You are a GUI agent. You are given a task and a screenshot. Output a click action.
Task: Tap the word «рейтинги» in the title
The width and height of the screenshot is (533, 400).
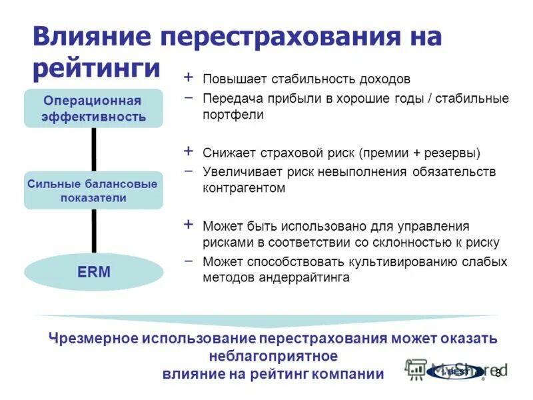pos(97,69)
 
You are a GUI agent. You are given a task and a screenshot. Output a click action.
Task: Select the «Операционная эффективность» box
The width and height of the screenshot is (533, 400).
pos(93,109)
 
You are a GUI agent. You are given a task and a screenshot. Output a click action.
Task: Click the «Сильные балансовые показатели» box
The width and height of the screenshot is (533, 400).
pos(93,190)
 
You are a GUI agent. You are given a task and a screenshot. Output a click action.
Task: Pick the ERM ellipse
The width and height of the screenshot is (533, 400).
pos(93,272)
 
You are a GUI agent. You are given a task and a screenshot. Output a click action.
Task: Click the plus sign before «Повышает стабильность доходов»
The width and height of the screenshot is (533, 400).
pos(189,78)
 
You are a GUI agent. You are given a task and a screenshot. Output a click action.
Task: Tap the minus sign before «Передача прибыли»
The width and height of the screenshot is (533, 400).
pos(189,97)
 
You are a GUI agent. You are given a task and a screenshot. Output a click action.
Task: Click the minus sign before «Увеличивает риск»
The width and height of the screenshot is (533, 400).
pos(189,171)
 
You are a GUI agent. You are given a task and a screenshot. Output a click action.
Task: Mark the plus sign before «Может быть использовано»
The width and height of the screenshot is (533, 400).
pos(189,225)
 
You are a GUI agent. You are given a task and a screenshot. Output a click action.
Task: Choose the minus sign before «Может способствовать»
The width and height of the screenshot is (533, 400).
pos(189,261)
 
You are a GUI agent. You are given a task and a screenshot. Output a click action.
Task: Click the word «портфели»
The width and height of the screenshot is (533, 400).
pos(233,115)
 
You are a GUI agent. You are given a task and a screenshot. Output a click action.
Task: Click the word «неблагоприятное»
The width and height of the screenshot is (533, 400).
pos(273,355)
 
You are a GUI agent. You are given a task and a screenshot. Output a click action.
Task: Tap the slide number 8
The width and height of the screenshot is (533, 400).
pos(496,373)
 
